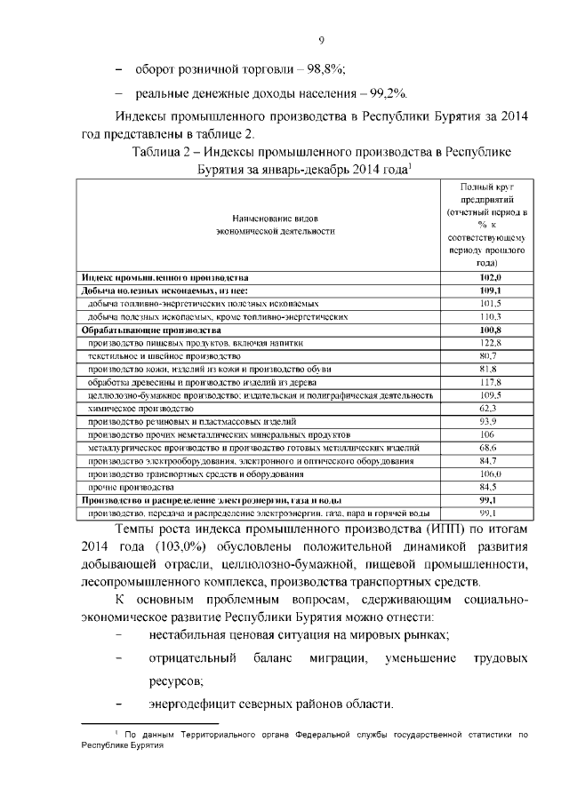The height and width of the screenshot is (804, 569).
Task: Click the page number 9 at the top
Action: [x=321, y=38]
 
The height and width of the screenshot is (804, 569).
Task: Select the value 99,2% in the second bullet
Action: [x=386, y=93]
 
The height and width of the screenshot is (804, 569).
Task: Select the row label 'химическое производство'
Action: [x=141, y=407]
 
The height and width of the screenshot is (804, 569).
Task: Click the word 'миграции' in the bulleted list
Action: [x=334, y=658]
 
